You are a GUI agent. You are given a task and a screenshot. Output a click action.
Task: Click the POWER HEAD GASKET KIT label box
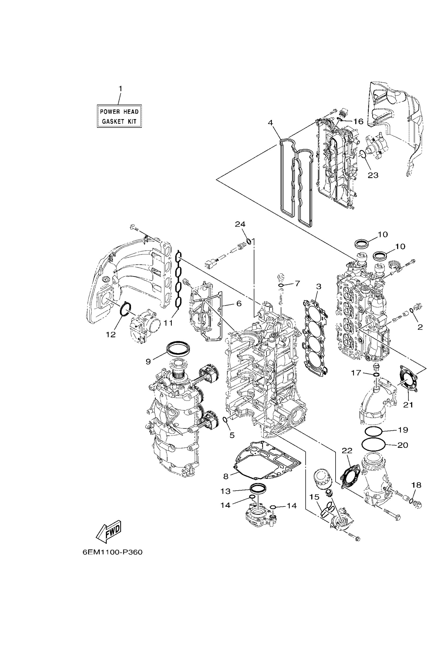(119, 116)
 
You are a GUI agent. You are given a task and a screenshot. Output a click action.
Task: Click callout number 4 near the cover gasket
(270, 123)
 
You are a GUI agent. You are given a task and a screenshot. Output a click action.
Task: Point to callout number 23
(373, 175)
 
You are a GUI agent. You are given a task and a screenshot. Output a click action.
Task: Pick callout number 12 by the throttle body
(111, 334)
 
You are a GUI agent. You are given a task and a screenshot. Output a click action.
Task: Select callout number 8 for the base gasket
(226, 476)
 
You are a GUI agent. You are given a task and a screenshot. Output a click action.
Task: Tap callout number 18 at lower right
(416, 485)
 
